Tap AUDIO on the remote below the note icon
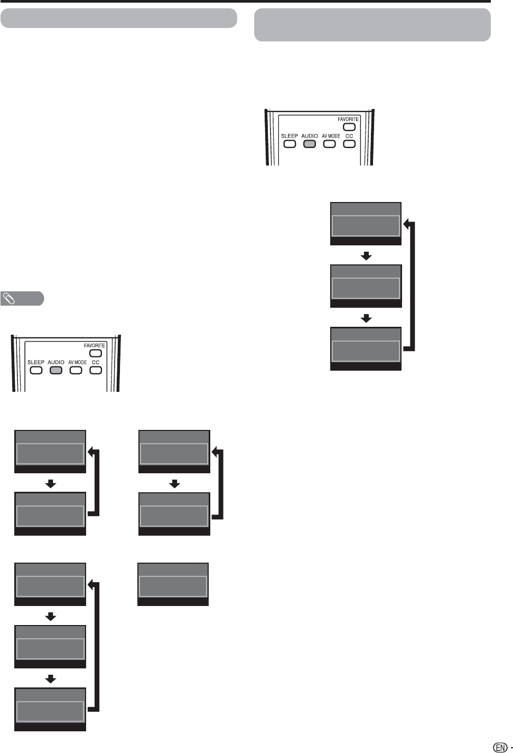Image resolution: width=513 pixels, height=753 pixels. [x=55, y=370]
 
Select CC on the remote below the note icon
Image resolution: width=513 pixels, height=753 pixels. [x=96, y=370]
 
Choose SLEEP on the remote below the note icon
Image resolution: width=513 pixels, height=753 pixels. [x=35, y=370]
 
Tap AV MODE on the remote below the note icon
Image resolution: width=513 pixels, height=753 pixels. [x=76, y=370]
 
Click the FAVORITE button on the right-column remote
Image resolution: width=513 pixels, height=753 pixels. [x=348, y=127]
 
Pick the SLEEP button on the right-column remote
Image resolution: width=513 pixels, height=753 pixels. [x=290, y=144]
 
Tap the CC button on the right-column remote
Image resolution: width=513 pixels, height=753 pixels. [x=349, y=144]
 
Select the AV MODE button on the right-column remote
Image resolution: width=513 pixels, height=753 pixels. [x=330, y=144]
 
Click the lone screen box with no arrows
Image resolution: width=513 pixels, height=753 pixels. [x=173, y=584]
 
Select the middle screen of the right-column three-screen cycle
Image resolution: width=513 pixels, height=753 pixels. [x=366, y=286]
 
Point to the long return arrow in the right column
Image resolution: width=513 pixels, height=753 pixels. [x=412, y=286]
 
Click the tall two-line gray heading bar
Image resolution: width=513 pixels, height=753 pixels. [x=372, y=25]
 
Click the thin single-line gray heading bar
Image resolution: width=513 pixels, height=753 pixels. [x=118, y=18]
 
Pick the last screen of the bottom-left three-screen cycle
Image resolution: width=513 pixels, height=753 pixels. [x=50, y=709]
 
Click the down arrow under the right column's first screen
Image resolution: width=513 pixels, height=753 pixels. [x=366, y=256]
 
